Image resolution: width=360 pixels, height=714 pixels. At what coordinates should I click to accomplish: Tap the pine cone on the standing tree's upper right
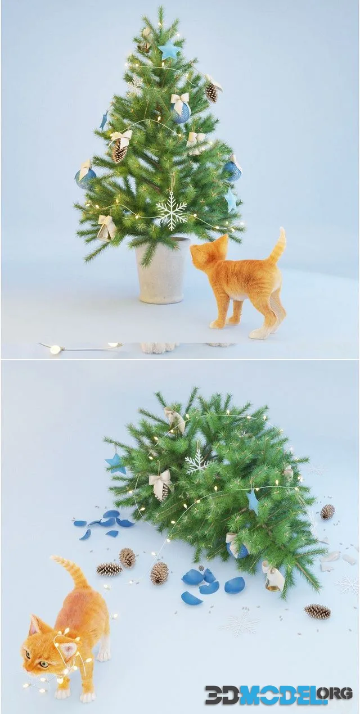point(211,93)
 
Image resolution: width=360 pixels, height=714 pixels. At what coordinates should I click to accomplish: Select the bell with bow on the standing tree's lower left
point(105,228)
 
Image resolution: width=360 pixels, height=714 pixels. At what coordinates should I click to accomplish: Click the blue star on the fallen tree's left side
point(115,463)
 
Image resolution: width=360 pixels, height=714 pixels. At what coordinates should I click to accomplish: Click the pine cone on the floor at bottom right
point(317,612)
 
